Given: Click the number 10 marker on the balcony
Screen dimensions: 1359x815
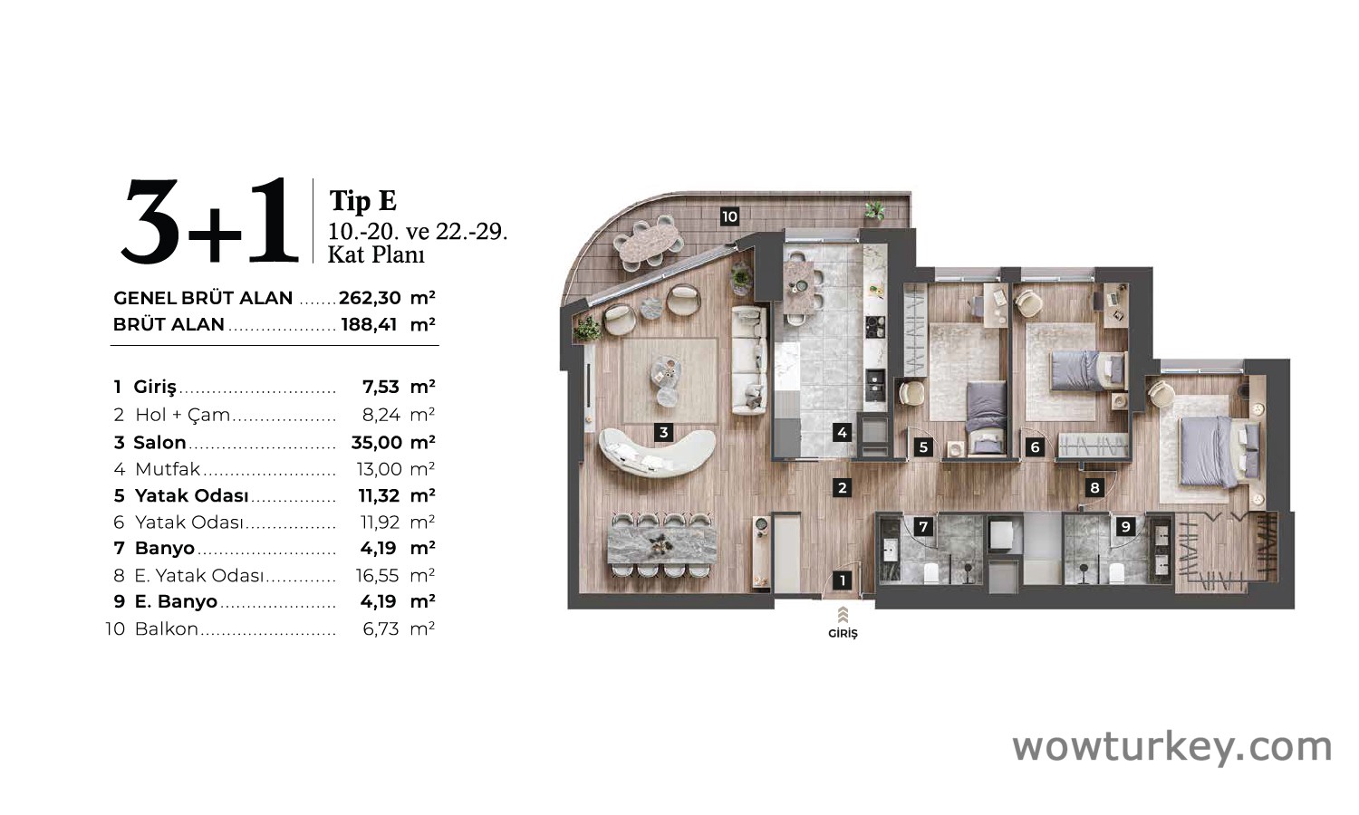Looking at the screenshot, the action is pos(729,216).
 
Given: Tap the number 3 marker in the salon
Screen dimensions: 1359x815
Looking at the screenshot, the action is pos(664,432).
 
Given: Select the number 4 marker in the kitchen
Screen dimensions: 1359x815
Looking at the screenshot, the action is pos(842,432).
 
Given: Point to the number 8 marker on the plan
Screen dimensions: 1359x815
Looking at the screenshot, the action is pos(1094,487).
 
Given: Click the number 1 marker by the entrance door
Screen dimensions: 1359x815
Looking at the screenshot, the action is pos(842,580).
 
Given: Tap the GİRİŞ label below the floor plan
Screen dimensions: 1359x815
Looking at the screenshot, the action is pos(843,634).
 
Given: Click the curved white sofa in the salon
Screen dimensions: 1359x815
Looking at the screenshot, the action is pos(657,454).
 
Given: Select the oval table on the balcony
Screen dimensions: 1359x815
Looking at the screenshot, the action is pos(649,241).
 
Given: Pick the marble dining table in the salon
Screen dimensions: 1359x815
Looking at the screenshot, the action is pos(661,545).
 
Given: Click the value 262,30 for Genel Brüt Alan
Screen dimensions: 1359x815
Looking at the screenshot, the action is pos(370,298).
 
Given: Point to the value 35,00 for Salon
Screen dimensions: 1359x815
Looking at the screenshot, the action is pos(377,443).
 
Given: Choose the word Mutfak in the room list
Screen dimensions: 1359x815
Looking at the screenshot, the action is pos(168,469).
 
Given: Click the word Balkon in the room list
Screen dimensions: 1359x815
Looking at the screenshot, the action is pos(166,628).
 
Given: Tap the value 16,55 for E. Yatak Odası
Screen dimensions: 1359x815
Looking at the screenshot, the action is pos(378,575).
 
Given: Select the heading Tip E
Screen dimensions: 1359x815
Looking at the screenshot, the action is pos(362,200).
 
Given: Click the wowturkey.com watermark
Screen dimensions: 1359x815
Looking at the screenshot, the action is pos(1172,747).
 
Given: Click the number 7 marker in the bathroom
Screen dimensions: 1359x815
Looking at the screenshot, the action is pos(923,526).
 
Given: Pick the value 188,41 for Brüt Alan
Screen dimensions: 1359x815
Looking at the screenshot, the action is pos(369,324).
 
